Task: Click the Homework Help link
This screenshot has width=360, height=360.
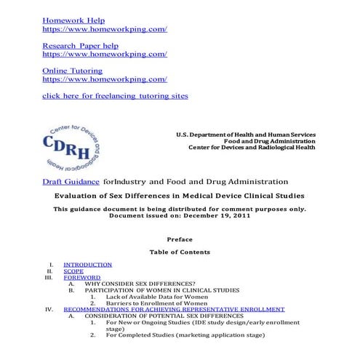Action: [x=73, y=20]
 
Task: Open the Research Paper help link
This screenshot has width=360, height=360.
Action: [x=80, y=45]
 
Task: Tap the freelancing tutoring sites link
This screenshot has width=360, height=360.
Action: [x=115, y=95]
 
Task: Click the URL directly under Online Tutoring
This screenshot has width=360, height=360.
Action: [x=105, y=79]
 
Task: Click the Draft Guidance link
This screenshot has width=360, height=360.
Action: [x=71, y=181]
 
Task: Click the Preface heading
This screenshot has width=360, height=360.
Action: [x=180, y=239]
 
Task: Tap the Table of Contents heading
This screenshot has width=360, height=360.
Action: [x=180, y=252]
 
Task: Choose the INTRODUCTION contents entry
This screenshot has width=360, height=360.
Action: [x=87, y=265]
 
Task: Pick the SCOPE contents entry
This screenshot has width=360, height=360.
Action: [x=73, y=271]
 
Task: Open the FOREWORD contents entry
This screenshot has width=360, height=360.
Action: [x=81, y=278]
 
